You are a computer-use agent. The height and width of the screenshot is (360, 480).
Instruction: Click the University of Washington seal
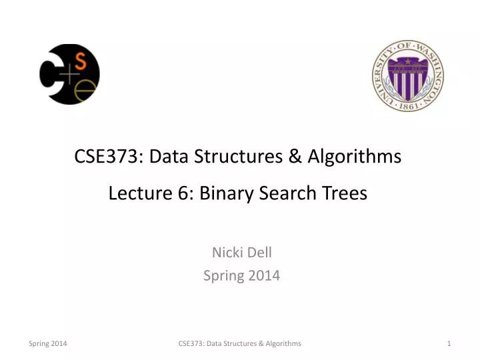[408, 75]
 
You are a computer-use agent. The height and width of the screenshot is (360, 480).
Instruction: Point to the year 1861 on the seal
[408, 105]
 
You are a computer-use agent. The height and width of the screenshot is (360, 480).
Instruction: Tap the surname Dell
[259, 252]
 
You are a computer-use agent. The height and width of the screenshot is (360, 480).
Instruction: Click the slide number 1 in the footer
[449, 343]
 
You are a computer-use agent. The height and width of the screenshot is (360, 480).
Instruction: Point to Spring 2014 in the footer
[47, 343]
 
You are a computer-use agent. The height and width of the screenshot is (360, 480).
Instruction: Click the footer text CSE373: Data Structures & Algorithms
[240, 343]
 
